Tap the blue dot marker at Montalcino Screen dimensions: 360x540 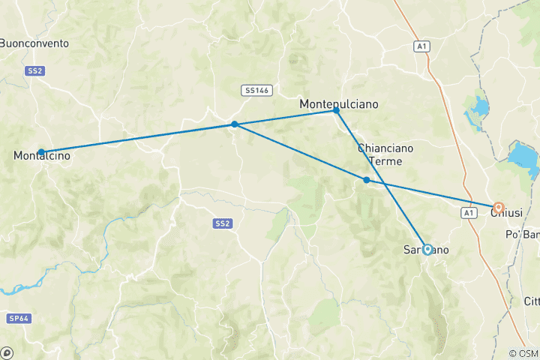[x=41, y=151]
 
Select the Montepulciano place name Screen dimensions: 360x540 [x=338, y=103]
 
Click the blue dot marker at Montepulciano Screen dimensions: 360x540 [x=336, y=110]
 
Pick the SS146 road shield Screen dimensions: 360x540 [x=256, y=90]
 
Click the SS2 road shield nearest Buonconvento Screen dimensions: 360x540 [x=34, y=70]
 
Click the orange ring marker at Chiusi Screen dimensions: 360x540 [x=498, y=207]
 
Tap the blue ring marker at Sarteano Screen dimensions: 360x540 [x=427, y=249]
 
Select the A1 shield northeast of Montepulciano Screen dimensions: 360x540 [x=422, y=46]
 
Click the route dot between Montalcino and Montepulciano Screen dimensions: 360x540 [x=235, y=124]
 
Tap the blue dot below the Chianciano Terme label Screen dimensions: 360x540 [x=366, y=180]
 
